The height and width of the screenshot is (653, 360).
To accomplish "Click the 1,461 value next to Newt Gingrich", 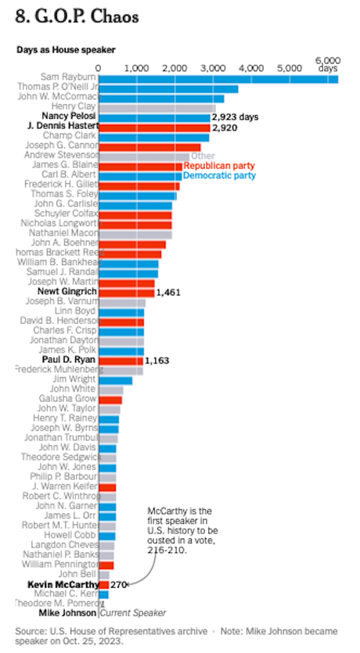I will pyautogui.click(x=169, y=292).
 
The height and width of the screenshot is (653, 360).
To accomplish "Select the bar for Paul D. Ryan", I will pyautogui.click(x=121, y=360).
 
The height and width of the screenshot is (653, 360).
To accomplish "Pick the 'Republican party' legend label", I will pyautogui.click(x=219, y=166).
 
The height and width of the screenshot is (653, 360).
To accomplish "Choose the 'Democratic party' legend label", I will pyautogui.click(x=219, y=176).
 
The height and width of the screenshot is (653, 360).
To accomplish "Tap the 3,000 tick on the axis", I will pyautogui.click(x=212, y=69).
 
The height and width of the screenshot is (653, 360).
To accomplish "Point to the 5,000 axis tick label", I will pyautogui.click(x=289, y=69).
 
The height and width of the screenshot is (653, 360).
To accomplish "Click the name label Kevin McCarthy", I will pyautogui.click(x=63, y=584).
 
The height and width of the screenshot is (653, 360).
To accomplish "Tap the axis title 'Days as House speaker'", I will pyautogui.click(x=66, y=49).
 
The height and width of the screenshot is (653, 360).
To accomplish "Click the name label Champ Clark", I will pyautogui.click(x=70, y=136).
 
